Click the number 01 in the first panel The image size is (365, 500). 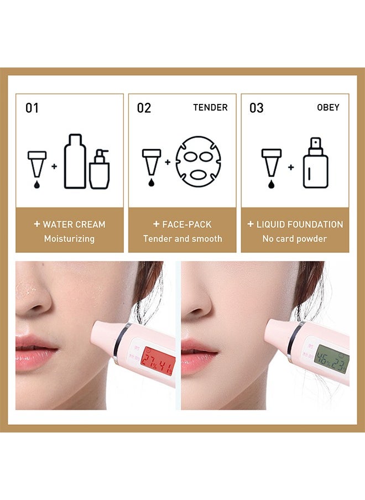(x=32, y=107)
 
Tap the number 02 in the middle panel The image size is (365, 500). (x=144, y=107)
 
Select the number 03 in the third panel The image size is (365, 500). (x=256, y=107)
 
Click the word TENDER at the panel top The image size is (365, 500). (x=210, y=107)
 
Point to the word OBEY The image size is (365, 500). (x=328, y=107)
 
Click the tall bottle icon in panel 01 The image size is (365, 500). (x=75, y=161)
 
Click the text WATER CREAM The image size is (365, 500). (x=74, y=225)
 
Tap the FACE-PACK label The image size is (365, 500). (x=186, y=225)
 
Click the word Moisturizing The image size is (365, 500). (x=69, y=239)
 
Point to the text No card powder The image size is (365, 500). (x=295, y=239)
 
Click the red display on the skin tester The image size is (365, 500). (x=158, y=362)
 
